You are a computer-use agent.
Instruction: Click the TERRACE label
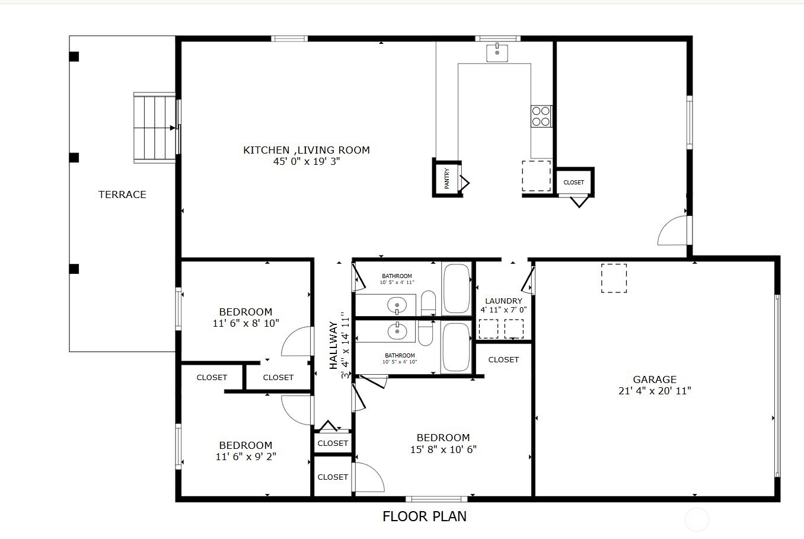(122, 194)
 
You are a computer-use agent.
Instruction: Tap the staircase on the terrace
(154, 127)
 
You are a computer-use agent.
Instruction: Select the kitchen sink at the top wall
(497, 53)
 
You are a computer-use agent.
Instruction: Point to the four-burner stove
(541, 116)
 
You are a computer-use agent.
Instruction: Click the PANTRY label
(447, 178)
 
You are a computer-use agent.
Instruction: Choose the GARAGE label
(655, 379)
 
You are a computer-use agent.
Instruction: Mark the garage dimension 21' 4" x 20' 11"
(655, 391)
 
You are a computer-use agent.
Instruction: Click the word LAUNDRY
(503, 301)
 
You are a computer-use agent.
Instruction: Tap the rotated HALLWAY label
(334, 345)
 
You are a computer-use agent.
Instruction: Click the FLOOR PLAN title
(425, 516)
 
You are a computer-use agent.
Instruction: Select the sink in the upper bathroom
(397, 306)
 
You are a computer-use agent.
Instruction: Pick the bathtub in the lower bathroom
(456, 347)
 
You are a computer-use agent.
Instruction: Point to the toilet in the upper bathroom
(428, 304)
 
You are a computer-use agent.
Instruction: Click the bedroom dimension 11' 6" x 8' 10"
(245, 323)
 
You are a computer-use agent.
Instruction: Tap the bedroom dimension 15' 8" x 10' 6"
(443, 449)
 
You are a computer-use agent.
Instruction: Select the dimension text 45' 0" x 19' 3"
(307, 161)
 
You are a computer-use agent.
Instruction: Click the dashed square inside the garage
(614, 278)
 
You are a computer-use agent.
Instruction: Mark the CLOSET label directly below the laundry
(503, 360)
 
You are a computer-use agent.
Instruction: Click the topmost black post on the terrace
(74, 57)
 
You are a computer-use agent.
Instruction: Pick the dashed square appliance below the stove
(536, 176)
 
